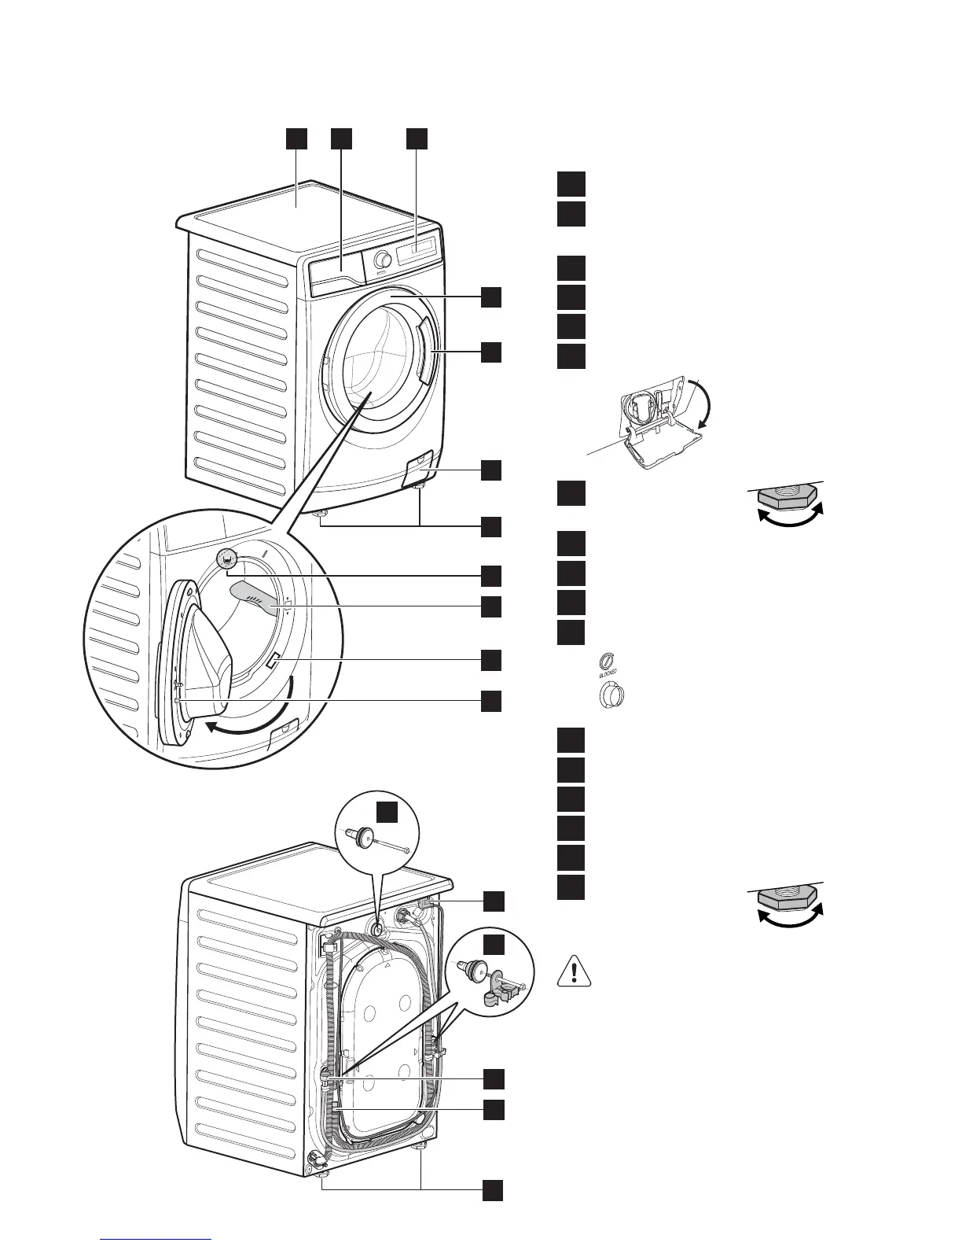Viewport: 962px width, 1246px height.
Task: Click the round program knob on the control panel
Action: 383,260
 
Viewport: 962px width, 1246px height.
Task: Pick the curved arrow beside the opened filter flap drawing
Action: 704,402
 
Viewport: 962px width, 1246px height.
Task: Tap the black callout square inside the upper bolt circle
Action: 385,812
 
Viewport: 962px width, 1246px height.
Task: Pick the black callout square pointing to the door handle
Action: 491,352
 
